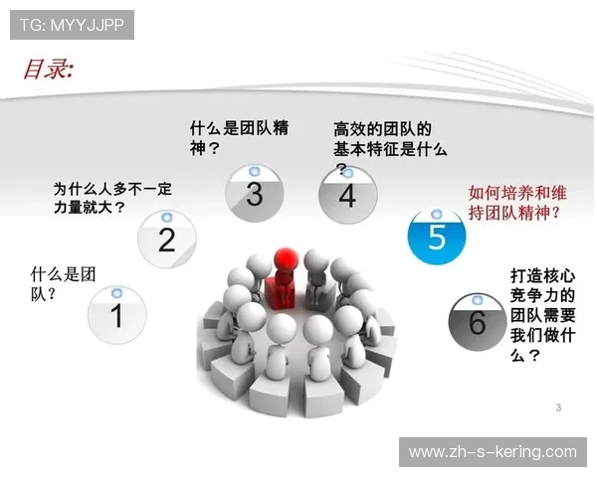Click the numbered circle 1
coord(116,315)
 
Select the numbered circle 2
coord(166,238)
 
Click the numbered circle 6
coord(477,322)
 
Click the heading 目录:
coord(49,69)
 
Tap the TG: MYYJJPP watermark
coord(72,25)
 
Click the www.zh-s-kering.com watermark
coord(493,452)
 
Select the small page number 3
coord(559,407)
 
